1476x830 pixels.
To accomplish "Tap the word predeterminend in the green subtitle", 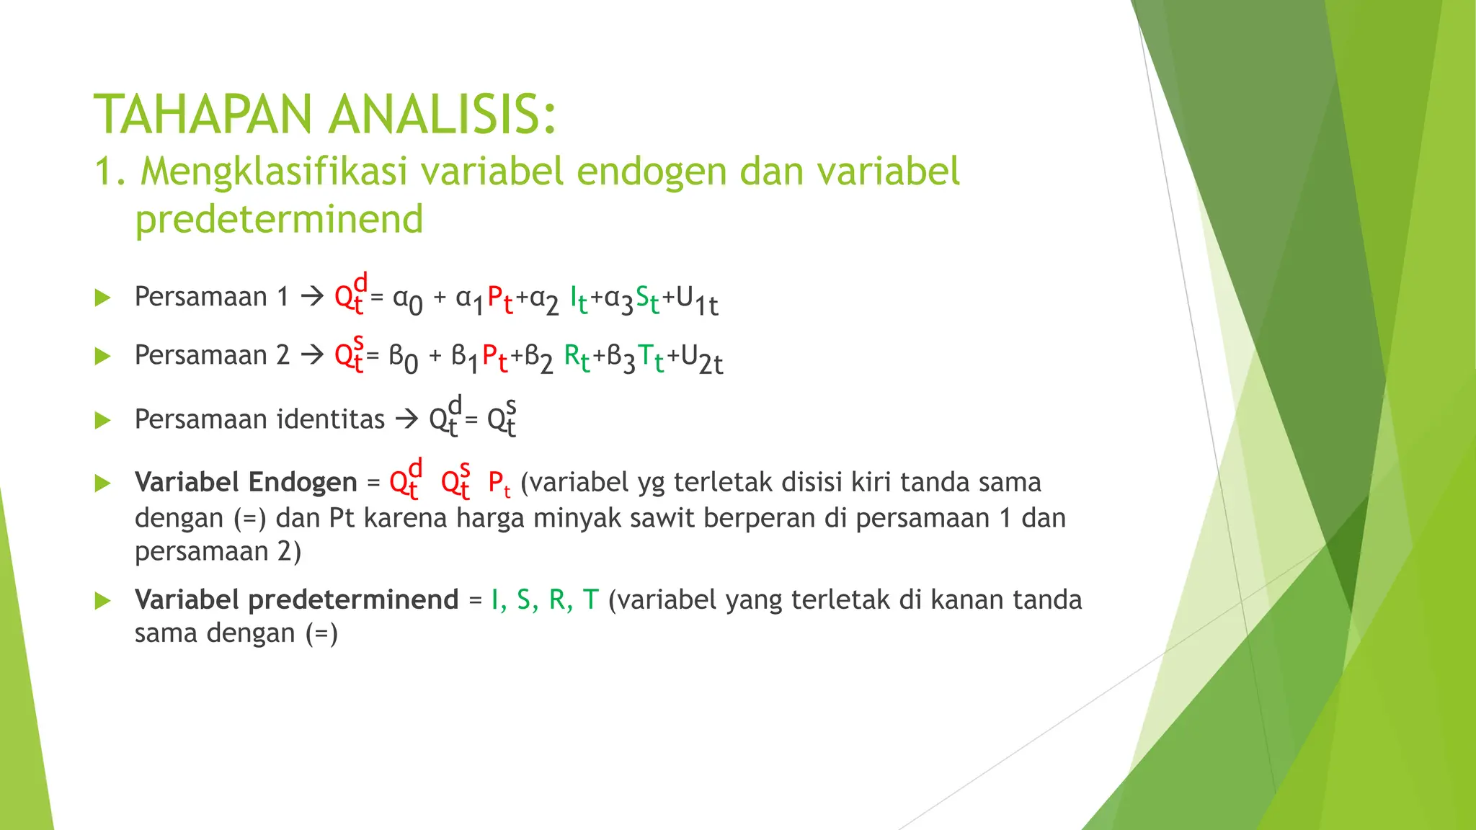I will point(279,219).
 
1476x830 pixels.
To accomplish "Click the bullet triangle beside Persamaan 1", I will point(102,298).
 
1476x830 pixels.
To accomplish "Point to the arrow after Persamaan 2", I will point(312,354).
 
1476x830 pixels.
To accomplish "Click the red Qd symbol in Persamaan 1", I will point(350,294).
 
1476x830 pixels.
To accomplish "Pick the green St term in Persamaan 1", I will point(646,299).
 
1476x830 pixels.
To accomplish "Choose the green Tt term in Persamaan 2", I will point(650,357).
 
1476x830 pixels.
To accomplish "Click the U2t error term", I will point(701,359).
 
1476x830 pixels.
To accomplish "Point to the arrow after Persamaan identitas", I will point(407,419).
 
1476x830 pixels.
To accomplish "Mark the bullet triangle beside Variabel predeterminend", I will point(102,600).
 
